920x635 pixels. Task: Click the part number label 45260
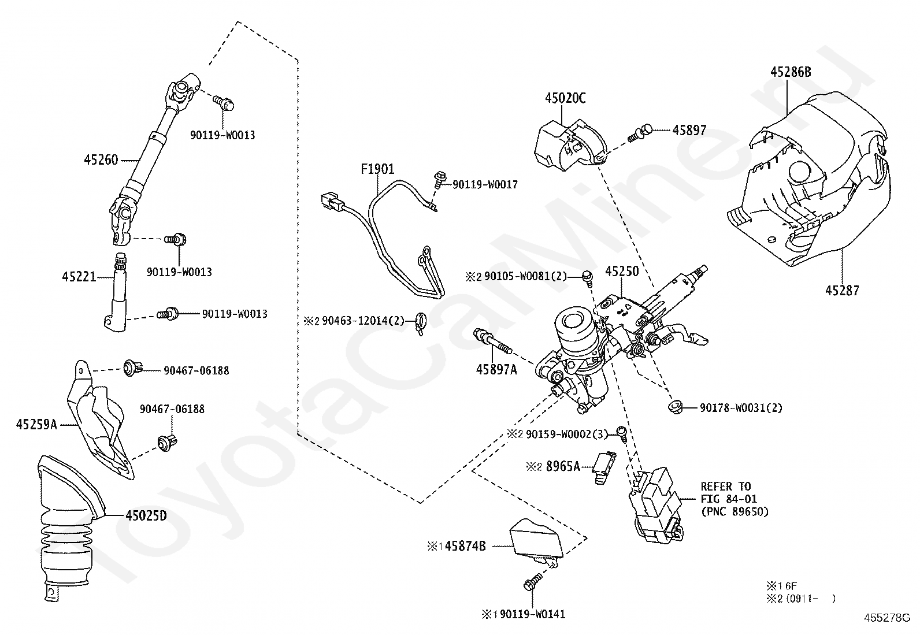coord(101,159)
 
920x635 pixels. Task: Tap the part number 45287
coord(842,291)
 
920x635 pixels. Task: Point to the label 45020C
coord(565,98)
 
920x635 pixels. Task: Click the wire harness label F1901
coord(377,169)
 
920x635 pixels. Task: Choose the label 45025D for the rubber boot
coord(146,515)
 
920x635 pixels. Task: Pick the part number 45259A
coord(36,424)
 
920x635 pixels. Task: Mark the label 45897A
coord(496,370)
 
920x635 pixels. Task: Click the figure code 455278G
coord(887,618)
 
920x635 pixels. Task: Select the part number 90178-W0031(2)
coord(741,408)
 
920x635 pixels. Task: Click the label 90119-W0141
coord(533,614)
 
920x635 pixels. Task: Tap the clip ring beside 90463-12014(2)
coord(421,323)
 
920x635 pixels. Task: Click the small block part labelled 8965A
coord(604,467)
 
